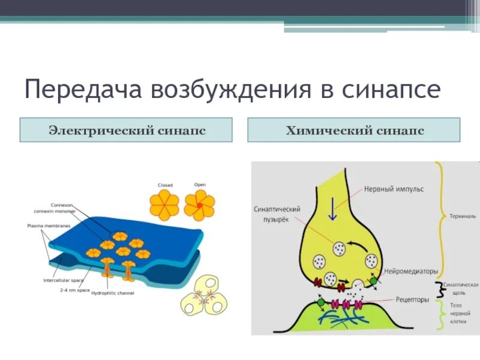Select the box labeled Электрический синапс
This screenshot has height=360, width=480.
click(x=126, y=130)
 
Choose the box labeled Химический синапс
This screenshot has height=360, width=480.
click(x=353, y=130)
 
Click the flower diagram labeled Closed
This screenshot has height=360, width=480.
click(x=164, y=204)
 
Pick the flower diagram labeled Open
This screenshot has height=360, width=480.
click(x=199, y=204)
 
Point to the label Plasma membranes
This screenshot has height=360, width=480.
click(x=49, y=226)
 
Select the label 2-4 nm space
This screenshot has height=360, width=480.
click(x=75, y=290)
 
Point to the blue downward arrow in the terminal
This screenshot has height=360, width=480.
click(x=329, y=210)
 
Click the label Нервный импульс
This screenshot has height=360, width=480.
click(x=394, y=189)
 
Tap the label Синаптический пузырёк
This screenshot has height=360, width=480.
click(x=277, y=214)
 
